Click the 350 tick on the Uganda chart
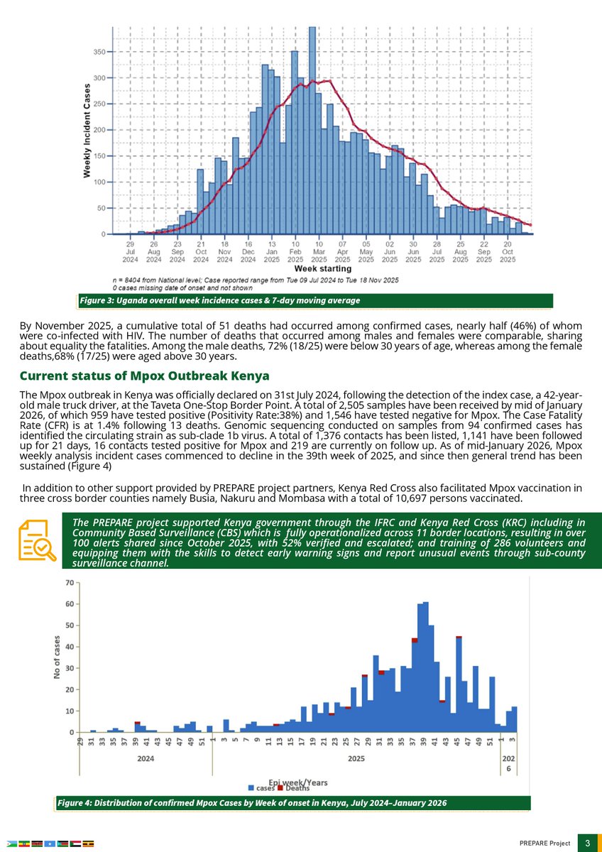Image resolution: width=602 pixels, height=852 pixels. [x=100, y=52]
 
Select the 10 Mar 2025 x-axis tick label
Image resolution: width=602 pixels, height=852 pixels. [x=319, y=251]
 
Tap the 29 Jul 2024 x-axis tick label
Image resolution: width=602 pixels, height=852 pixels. [x=130, y=251]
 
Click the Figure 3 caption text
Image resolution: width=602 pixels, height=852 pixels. [x=220, y=301]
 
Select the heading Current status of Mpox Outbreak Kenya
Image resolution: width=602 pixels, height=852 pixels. [x=144, y=375]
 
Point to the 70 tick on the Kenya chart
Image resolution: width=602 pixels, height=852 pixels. [x=70, y=583]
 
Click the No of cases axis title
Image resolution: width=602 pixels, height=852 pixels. [x=57, y=656]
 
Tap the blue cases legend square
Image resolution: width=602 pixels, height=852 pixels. [x=251, y=788]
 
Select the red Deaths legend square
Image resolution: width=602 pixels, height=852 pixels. [x=281, y=788]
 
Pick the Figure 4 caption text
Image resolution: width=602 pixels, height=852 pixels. [x=252, y=803]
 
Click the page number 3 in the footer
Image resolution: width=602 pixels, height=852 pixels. [x=588, y=843]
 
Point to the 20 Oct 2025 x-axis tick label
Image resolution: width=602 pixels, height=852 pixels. [x=508, y=251]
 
